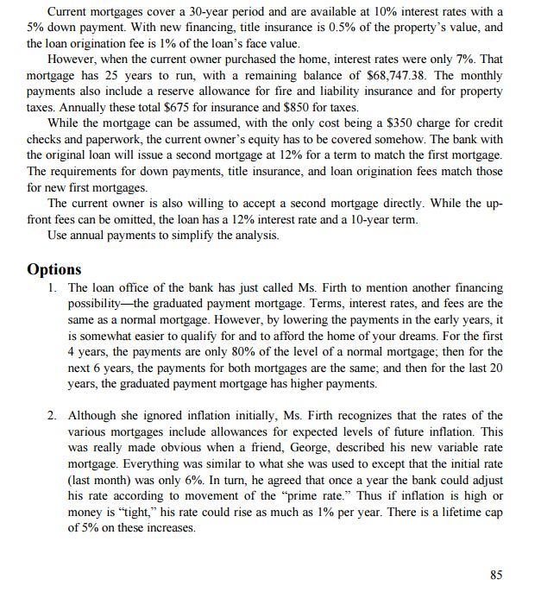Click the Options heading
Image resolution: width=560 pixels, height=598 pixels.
[54, 268]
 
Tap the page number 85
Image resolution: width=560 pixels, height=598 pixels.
[495, 575]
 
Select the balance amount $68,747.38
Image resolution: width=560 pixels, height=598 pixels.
[407, 75]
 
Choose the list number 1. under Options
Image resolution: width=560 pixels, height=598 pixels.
[54, 287]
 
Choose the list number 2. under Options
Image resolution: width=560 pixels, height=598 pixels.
[54, 416]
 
